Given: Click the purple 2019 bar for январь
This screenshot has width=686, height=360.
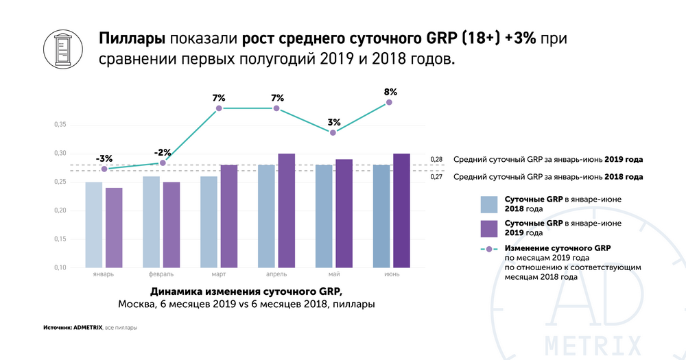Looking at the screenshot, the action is click(114, 228).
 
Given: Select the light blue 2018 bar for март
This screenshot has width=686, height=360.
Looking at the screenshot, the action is click(209, 221).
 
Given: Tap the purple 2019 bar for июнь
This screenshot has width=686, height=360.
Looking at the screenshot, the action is click(401, 211).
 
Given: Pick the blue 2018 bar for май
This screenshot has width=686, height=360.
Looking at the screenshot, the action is click(324, 216).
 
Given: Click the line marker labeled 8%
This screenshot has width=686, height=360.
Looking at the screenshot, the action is click(389, 102).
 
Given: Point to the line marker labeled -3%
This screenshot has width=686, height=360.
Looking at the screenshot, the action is click(104, 169).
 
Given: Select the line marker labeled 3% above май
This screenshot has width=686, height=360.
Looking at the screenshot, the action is click(333, 132).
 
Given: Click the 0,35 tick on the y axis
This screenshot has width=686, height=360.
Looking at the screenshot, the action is click(60, 125).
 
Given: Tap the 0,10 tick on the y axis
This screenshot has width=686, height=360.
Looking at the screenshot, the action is click(60, 267).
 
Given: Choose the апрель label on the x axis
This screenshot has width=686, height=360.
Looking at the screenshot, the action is click(276, 274).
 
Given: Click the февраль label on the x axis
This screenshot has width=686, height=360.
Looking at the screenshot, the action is click(161, 274).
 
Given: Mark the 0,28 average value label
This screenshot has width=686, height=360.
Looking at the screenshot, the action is click(436, 160).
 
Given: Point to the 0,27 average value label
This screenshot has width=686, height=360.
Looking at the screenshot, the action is click(436, 177).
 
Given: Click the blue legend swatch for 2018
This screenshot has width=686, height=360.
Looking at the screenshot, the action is click(489, 204).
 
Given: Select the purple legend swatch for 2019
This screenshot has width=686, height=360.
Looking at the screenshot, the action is click(489, 228).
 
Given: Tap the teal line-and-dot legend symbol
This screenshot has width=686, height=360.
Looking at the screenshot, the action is click(489, 249).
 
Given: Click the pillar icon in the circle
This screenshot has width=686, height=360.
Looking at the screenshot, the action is click(63, 49).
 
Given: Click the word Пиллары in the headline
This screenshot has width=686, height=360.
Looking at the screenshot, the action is click(132, 39).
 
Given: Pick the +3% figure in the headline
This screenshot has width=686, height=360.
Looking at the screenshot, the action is click(520, 38).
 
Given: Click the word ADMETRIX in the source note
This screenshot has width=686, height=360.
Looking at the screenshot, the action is click(88, 328).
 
